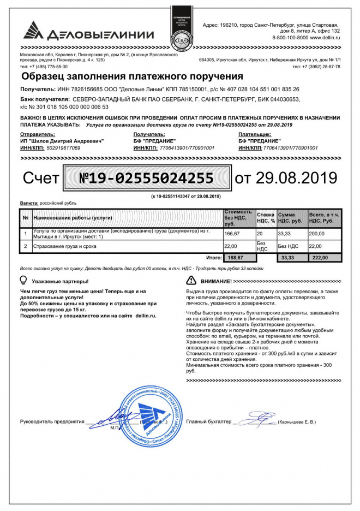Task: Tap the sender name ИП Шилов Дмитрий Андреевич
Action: [x=62, y=141]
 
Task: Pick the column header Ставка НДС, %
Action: [x=266, y=218]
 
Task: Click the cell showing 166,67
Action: [x=233, y=234]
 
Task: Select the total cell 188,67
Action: [x=236, y=257]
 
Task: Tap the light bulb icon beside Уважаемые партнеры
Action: [x=23, y=280]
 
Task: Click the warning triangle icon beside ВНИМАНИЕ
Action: [x=191, y=281]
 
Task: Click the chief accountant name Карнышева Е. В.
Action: [x=298, y=422]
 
